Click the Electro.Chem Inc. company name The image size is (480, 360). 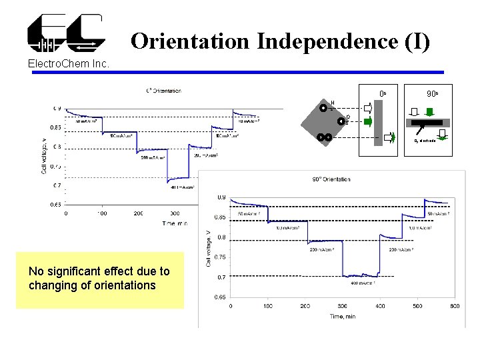click(x=64, y=64)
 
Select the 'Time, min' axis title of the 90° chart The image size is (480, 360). click(x=342, y=316)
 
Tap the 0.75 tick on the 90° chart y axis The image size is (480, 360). click(x=219, y=257)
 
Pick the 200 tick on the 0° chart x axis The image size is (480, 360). click(x=138, y=213)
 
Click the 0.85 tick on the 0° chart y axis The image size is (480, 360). click(x=55, y=127)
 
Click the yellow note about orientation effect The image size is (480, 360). click(x=99, y=278)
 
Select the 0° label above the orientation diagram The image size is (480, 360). click(x=383, y=94)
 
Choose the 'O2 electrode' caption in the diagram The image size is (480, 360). click(x=425, y=141)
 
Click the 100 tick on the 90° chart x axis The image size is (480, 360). click(x=267, y=306)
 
